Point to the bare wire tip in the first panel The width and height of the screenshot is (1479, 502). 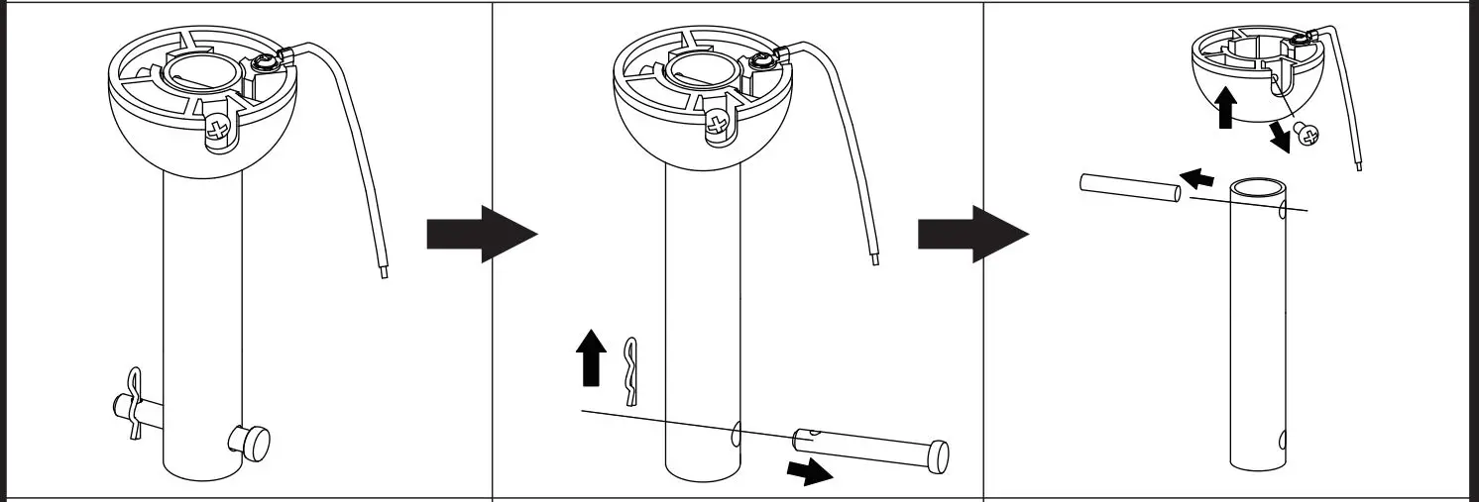(x=384, y=270)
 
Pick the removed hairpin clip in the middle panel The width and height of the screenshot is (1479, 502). (x=631, y=371)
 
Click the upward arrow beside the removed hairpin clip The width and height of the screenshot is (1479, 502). (x=591, y=358)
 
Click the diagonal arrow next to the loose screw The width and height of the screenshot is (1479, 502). (x=1280, y=136)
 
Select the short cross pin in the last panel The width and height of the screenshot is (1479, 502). (x=1128, y=190)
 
